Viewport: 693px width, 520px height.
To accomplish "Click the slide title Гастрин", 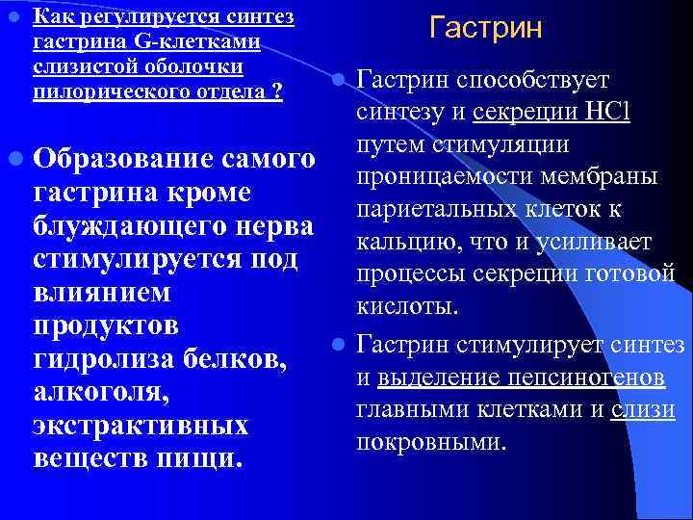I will click(x=486, y=27).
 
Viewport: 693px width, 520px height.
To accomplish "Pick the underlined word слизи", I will click(x=647, y=410).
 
